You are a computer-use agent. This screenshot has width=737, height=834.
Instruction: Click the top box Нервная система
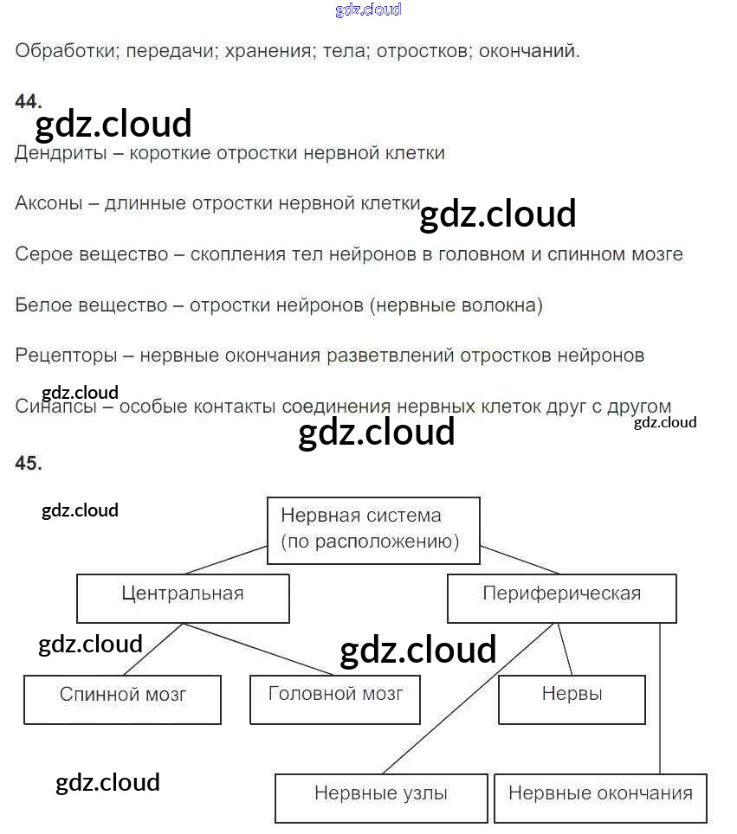coord(373,529)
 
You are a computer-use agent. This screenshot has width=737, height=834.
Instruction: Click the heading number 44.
coord(28,102)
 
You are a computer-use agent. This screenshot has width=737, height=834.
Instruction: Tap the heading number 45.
coord(28,464)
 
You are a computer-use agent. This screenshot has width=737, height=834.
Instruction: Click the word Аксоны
coord(49,204)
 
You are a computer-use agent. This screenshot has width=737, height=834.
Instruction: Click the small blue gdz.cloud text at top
coord(368,10)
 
